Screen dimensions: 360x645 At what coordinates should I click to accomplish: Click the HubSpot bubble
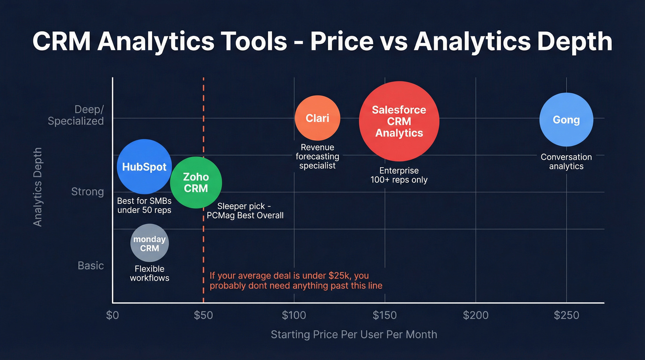coord(144,166)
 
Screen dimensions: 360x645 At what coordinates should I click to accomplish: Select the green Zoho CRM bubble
coord(196,183)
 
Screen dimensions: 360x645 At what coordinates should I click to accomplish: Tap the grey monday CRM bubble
coord(149,243)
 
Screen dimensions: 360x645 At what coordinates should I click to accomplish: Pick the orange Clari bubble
coord(317,118)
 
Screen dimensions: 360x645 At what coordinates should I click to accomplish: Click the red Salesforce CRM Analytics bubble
coord(399,121)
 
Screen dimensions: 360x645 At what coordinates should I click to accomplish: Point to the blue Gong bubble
coord(566,120)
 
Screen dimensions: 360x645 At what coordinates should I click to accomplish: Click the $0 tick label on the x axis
coord(112,315)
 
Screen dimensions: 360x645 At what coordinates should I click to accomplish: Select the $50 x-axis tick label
coord(203,315)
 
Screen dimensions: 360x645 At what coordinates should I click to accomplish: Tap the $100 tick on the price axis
coord(293,315)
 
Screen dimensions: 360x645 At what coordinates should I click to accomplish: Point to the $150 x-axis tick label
coord(384,315)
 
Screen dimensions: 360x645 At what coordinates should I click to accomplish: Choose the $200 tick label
coord(475,315)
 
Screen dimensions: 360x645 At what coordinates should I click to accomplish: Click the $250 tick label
coord(566,315)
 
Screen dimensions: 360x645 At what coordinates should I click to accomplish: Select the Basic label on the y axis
coord(91,266)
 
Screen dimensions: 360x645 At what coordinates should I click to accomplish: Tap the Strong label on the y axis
coord(88,191)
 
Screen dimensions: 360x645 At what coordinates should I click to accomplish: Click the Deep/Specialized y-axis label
coord(76,115)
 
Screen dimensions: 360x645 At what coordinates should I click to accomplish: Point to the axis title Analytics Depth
coord(38,187)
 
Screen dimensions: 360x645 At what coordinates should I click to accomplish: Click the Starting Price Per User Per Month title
coord(354,335)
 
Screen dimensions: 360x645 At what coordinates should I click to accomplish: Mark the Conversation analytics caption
coord(566,162)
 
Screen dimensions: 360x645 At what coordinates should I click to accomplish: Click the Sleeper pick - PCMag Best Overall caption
coord(250,211)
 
